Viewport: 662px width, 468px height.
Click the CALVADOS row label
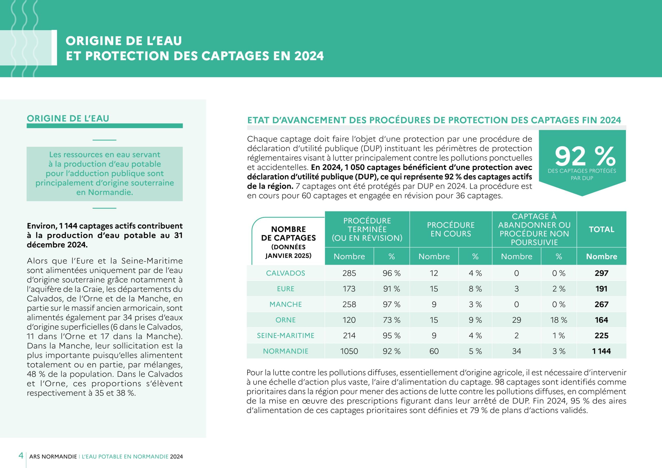(285, 273)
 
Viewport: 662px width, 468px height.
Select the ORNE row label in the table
(285, 320)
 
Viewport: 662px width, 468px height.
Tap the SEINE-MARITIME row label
(285, 335)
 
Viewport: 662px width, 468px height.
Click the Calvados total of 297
(601, 273)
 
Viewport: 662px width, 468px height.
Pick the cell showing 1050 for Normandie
(349, 351)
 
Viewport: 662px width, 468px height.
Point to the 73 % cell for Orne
(391, 320)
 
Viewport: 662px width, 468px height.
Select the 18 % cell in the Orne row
(559, 320)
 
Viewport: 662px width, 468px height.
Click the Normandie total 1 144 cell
(601, 351)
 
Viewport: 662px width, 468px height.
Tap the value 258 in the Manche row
(349, 304)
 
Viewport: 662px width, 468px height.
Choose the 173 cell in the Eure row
(349, 289)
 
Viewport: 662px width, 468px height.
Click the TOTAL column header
(601, 229)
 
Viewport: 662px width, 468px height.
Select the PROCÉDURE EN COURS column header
(451, 229)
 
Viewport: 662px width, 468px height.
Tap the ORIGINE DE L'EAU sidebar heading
(68, 118)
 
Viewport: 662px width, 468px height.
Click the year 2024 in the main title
(309, 56)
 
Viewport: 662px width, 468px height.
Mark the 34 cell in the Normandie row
(516, 351)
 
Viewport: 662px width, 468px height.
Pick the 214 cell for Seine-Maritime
(349, 335)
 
